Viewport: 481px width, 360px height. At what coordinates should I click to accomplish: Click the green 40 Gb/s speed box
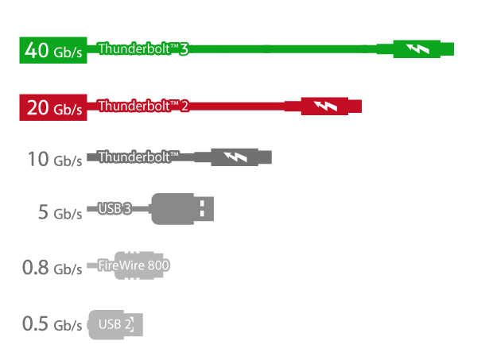pyautogui.click(x=53, y=50)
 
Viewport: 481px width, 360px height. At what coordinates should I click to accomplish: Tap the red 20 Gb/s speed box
pyautogui.click(x=53, y=107)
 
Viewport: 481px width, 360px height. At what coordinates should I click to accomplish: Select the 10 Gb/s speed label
pyautogui.click(x=55, y=159)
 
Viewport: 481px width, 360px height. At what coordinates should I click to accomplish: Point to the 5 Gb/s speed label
pyautogui.click(x=60, y=212)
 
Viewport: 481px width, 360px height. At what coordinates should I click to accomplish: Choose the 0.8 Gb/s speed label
pyautogui.click(x=52, y=267)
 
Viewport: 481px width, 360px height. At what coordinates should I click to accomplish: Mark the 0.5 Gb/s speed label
pyautogui.click(x=52, y=323)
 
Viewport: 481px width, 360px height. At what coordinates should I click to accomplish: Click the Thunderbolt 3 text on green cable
pyautogui.click(x=143, y=48)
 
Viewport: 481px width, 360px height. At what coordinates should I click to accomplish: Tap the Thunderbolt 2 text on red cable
pyautogui.click(x=143, y=106)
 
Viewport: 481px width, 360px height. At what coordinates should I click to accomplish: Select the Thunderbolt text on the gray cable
pyautogui.click(x=138, y=157)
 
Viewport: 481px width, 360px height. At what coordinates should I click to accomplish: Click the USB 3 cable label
pyautogui.click(x=114, y=209)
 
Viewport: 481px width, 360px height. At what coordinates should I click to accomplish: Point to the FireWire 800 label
pyautogui.click(x=134, y=265)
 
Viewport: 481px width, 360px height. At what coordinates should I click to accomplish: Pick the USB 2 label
pyautogui.click(x=115, y=324)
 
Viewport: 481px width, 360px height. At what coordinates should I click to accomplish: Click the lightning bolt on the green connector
pyautogui.click(x=417, y=48)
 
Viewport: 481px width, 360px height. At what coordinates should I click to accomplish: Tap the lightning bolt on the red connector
pyautogui.click(x=325, y=106)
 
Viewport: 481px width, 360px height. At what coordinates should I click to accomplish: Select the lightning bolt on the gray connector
pyautogui.click(x=235, y=157)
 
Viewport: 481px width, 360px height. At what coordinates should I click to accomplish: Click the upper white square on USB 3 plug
pyautogui.click(x=202, y=204)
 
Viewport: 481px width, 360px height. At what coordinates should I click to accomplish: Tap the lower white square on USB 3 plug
pyautogui.click(x=202, y=213)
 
